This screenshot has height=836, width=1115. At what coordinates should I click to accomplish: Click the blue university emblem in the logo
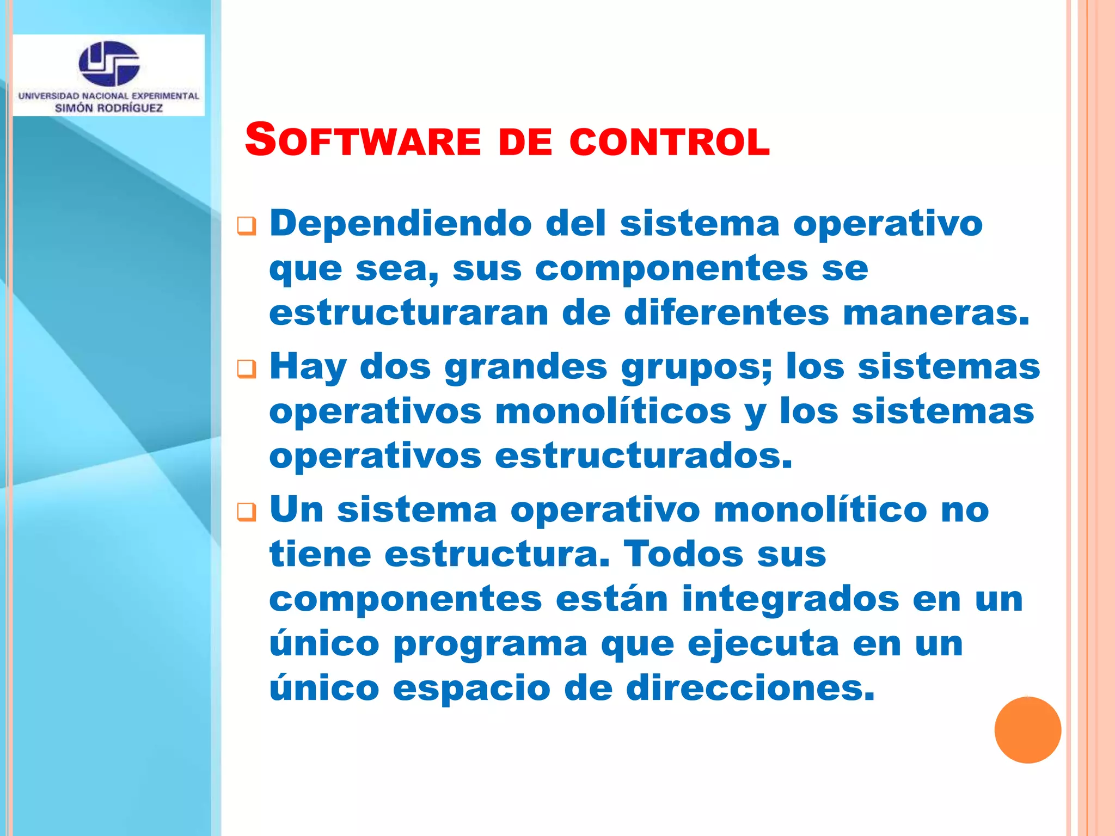[x=109, y=63]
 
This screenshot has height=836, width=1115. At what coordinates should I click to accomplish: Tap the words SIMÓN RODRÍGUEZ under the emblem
[x=109, y=108]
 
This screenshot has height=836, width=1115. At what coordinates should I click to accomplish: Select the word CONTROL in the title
[x=670, y=142]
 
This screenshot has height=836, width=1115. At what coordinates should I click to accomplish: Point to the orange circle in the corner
[x=1027, y=730]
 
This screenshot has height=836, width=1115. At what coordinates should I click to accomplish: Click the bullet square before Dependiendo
[x=247, y=225]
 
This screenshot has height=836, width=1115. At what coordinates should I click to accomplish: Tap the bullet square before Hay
[x=247, y=368]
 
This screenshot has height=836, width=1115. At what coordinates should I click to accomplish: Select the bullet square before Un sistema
[x=247, y=512]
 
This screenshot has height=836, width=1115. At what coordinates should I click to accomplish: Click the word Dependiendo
[x=401, y=223]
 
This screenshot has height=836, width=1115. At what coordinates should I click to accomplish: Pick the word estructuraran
[x=408, y=313]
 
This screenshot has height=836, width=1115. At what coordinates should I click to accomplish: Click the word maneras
[x=936, y=313]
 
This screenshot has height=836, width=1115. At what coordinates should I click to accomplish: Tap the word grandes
[x=525, y=367]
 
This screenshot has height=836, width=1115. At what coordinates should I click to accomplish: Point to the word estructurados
[x=643, y=456]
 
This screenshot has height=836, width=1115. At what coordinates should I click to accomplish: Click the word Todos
[x=683, y=554]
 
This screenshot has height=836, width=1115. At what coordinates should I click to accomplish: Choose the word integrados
[x=790, y=599]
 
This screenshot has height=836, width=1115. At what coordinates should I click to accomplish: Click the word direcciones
[x=750, y=688]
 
